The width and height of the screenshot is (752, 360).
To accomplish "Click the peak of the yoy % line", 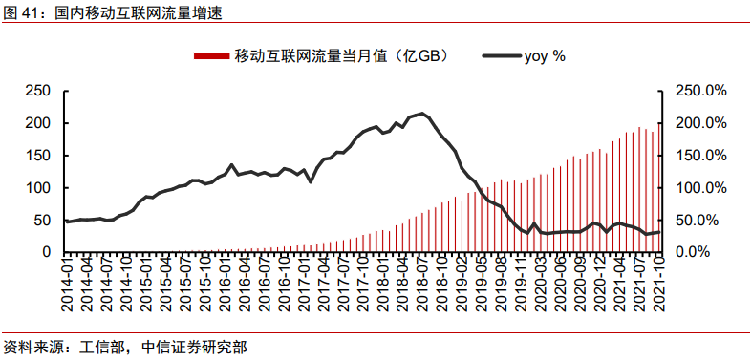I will (422, 114).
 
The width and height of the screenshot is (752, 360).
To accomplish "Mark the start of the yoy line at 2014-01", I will (66, 222).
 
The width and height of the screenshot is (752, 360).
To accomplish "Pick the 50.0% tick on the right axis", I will (705, 221).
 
